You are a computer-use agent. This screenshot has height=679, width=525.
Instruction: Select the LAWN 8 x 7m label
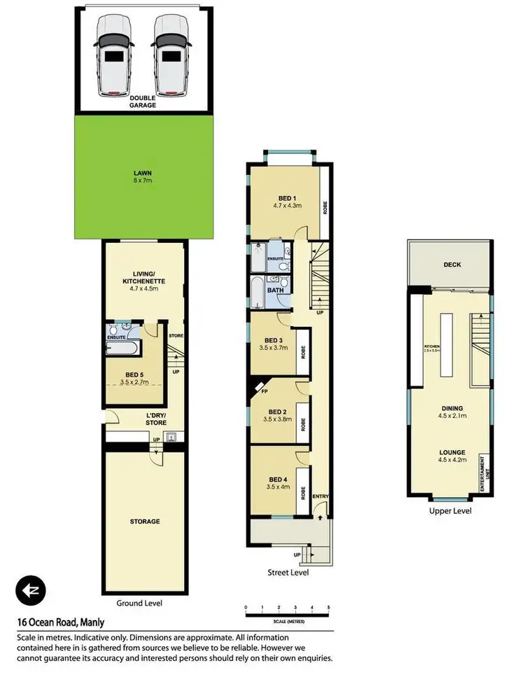click(143, 177)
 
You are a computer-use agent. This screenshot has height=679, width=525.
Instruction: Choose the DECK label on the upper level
click(451, 265)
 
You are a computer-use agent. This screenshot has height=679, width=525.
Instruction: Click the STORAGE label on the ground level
click(145, 521)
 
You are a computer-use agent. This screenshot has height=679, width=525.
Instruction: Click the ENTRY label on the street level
click(321, 498)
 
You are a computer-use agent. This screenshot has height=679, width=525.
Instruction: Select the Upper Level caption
click(450, 511)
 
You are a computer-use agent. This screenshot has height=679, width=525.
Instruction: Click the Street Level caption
click(287, 572)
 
